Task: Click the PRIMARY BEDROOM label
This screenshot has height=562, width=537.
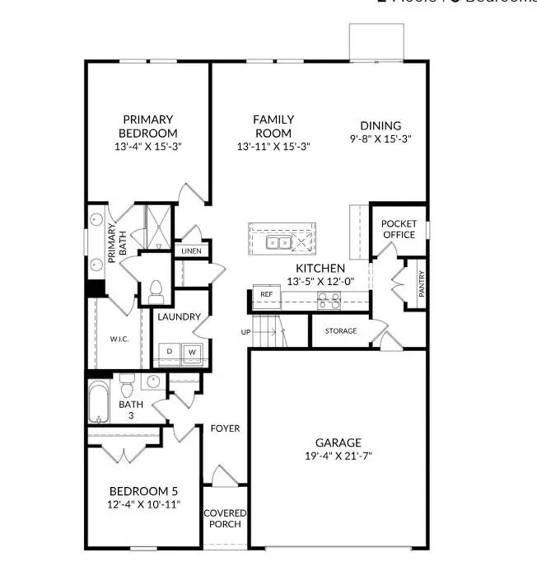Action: tap(148, 126)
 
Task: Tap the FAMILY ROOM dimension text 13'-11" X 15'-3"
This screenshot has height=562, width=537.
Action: tap(273, 147)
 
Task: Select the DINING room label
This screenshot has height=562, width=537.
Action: tap(381, 125)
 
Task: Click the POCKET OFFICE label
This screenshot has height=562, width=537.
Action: tap(399, 229)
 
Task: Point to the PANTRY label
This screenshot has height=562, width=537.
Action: tap(421, 284)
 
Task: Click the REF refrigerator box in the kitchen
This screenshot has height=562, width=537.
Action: tap(266, 294)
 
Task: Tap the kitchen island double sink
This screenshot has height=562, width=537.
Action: tap(278, 242)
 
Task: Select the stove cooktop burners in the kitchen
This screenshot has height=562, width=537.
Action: tap(329, 303)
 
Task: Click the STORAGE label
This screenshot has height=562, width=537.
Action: tap(340, 331)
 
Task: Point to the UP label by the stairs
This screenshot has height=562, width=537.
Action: tap(245, 332)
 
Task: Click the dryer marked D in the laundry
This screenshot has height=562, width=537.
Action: tap(170, 352)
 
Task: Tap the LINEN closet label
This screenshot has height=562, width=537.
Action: tap(191, 251)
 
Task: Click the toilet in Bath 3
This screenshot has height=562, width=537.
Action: tap(127, 385)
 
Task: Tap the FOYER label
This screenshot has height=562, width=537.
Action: tap(225, 429)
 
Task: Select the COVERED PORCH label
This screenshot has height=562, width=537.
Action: tap(225, 519)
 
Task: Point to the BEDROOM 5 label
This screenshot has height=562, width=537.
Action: tap(144, 492)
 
